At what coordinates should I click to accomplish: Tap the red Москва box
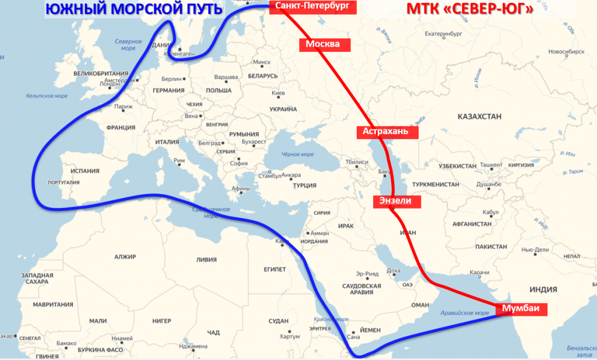point(323,44)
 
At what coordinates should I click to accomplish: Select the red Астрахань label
point(390,132)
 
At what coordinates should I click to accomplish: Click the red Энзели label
point(396,201)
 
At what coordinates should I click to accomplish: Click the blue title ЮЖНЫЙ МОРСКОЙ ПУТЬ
point(125,9)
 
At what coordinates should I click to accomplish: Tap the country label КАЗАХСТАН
point(479,117)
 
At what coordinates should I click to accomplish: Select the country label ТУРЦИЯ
point(304,185)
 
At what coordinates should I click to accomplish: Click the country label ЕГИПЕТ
point(275,269)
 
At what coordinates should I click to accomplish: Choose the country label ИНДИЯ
point(544,290)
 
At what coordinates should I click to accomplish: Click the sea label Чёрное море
point(297,154)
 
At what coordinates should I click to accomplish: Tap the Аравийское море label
point(465,313)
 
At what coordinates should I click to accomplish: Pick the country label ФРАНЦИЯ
point(121,127)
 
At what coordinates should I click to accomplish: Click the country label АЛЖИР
point(125,256)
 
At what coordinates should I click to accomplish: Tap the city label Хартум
point(289,336)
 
